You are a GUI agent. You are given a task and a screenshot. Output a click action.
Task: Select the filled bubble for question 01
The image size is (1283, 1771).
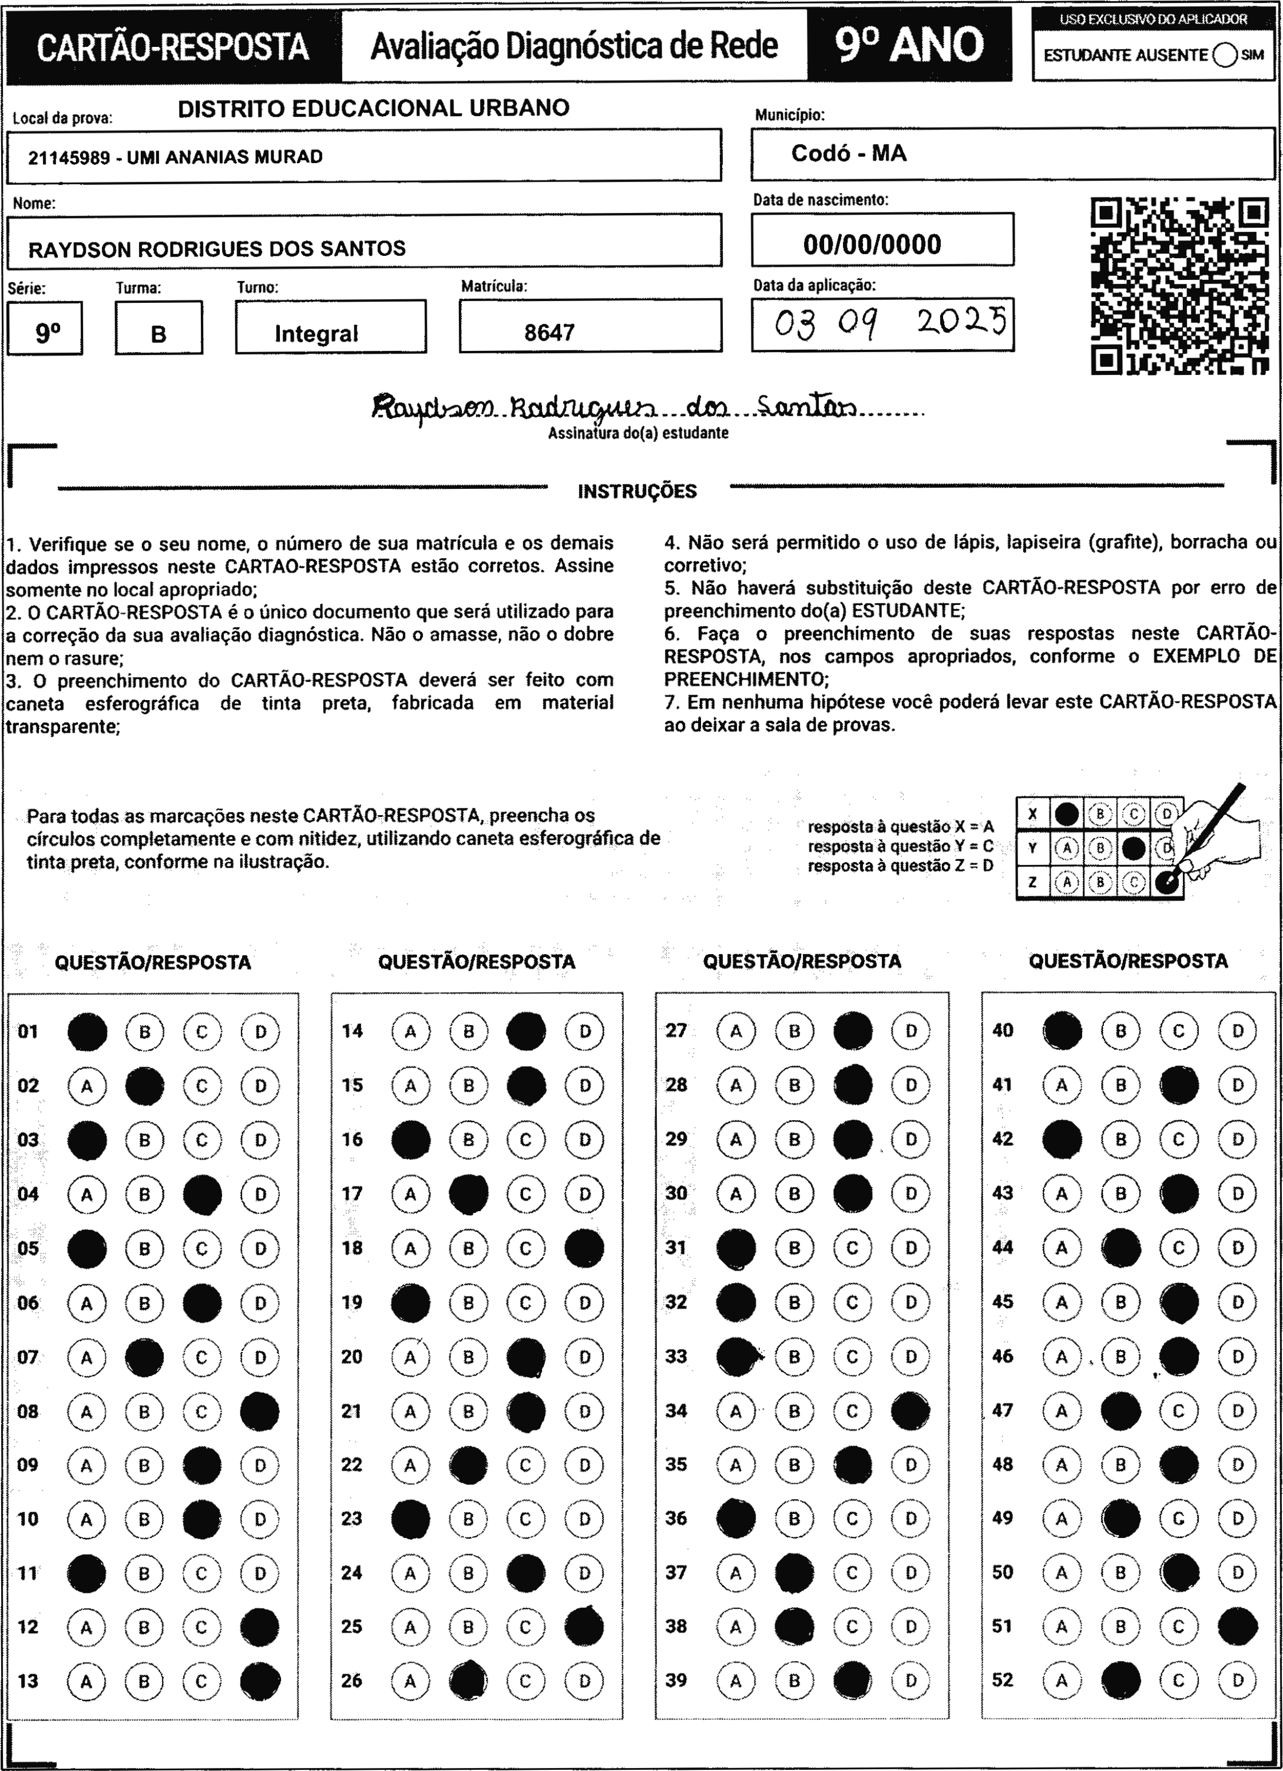click(86, 1031)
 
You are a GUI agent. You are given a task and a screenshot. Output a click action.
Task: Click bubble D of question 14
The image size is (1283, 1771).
click(585, 1031)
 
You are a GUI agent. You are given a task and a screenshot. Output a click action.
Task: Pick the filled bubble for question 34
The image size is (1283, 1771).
click(910, 1410)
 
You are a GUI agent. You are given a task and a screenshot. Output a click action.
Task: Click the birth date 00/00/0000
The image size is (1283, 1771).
click(872, 244)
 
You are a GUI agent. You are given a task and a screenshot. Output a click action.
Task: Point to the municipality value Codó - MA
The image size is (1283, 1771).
click(849, 153)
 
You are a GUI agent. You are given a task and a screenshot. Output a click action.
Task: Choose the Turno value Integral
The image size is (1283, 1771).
click(316, 334)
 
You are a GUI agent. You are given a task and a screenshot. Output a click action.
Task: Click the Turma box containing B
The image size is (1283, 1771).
click(159, 329)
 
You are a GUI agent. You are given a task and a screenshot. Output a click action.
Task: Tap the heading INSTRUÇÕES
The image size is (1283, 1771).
click(637, 491)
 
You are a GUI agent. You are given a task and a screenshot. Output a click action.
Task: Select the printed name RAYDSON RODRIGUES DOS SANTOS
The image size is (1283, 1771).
click(217, 249)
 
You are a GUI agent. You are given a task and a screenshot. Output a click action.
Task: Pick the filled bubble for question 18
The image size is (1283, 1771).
click(584, 1248)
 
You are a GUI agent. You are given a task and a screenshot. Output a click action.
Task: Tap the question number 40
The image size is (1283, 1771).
click(1003, 1031)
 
